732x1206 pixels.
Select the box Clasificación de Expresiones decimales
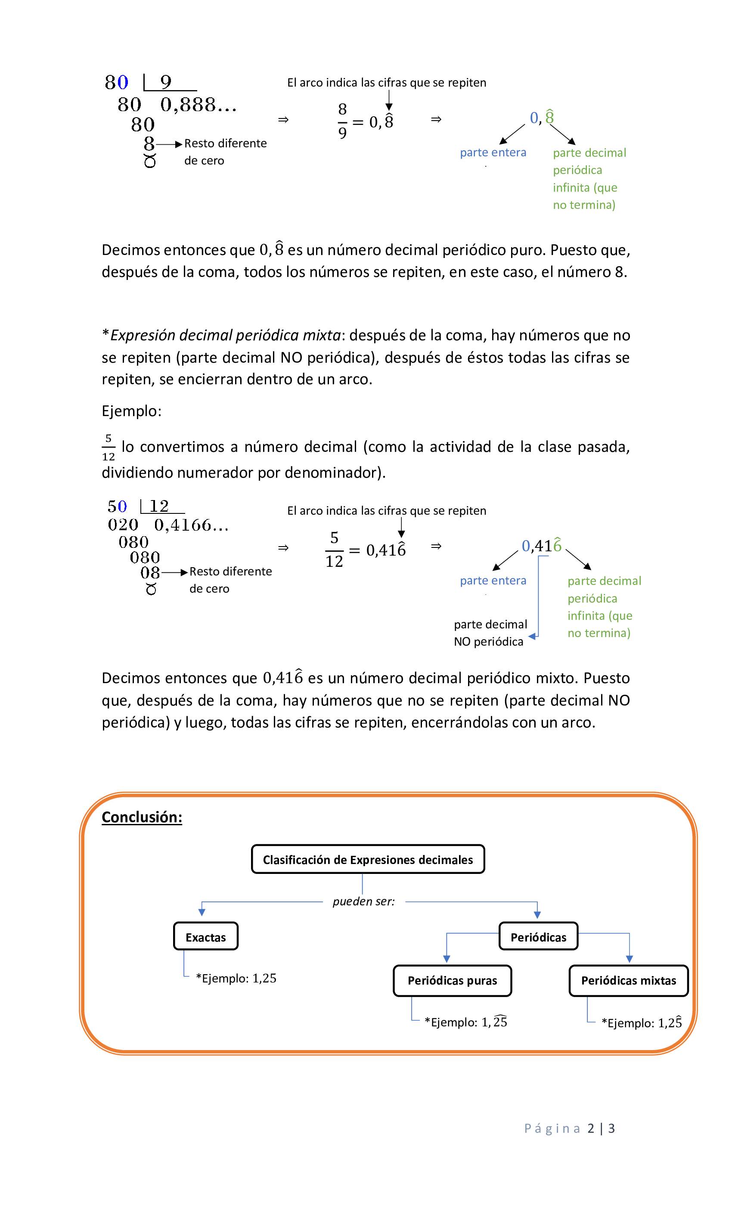[x=367, y=859]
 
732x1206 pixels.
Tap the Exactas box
[x=205, y=937]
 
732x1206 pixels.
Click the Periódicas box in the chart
[x=538, y=937]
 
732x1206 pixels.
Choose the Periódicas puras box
[x=452, y=980]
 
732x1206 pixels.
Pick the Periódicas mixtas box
[x=628, y=980]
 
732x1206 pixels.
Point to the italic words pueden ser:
[x=363, y=901]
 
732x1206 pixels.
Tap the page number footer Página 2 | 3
[x=569, y=1128]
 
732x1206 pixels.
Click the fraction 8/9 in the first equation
[x=342, y=121]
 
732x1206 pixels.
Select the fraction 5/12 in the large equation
[x=334, y=550]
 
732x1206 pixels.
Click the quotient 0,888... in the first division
[x=198, y=105]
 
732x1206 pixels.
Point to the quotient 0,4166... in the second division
[x=191, y=525]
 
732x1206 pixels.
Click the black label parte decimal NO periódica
[x=490, y=633]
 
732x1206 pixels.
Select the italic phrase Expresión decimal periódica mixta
[x=225, y=335]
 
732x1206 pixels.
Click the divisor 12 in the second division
[x=159, y=506]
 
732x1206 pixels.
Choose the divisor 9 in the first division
[x=166, y=82]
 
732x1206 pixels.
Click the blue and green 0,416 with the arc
[x=541, y=545]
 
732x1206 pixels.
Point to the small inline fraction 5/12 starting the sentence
[x=108, y=448]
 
